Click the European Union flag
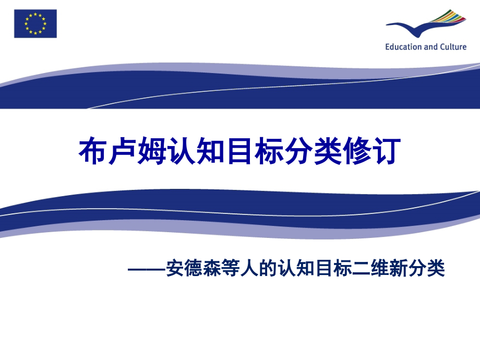pos(35,23)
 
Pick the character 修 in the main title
pos(359,152)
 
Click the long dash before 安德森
pos(146,269)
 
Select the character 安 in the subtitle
pos(173,269)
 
